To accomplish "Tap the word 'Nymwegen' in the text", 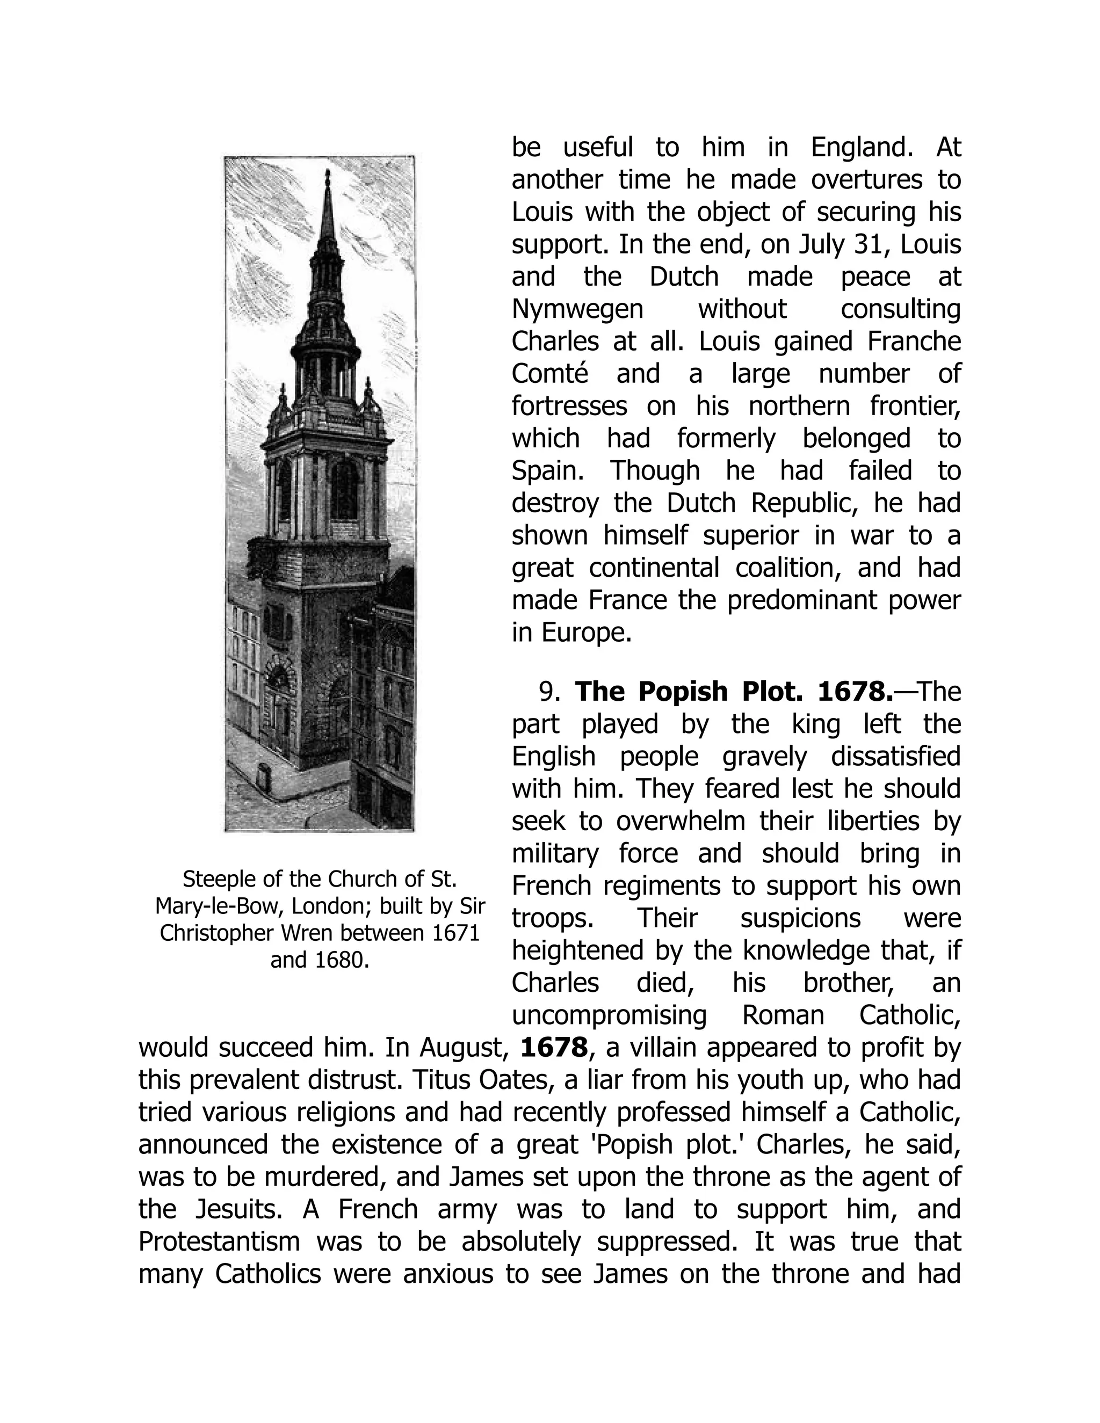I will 577,309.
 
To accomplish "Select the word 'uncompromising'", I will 609,1015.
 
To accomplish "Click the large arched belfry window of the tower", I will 345,489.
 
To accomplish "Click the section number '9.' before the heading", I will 549,691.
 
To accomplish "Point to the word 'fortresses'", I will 569,406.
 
